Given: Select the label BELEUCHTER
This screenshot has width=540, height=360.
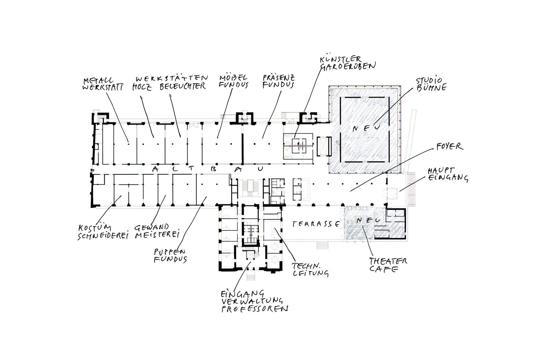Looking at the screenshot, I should (183, 86).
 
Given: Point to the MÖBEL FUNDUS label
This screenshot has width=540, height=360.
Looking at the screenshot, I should (234, 82).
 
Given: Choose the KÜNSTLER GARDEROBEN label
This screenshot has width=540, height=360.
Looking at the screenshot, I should (347, 63).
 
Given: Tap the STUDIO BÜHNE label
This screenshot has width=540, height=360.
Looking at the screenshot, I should (431, 84).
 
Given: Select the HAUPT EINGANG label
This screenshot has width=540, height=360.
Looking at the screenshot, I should (447, 174).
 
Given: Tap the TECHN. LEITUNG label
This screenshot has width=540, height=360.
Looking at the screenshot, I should (310, 269).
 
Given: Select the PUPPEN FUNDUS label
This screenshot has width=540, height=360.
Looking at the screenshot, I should (170, 255).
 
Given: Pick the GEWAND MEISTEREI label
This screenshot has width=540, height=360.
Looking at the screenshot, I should (157, 231).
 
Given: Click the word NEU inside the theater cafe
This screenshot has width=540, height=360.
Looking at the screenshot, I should (368, 221).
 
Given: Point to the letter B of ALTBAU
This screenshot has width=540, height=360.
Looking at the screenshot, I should (213, 169).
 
